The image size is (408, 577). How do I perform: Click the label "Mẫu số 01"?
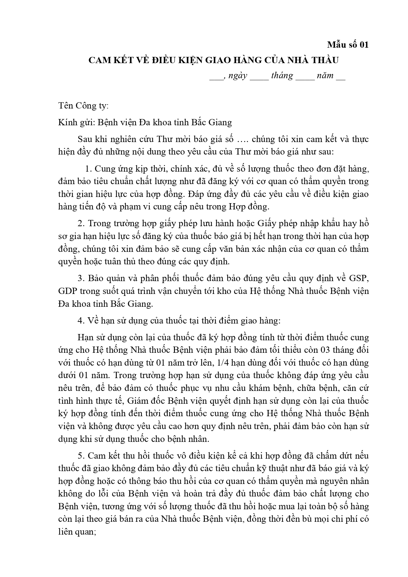348,44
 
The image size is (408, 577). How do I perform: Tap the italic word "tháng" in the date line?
282,76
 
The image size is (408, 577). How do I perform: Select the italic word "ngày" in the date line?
237,76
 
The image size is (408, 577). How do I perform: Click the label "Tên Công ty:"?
83,106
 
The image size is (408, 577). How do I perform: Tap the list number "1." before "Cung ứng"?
88,169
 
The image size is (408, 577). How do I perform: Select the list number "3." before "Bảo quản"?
81,278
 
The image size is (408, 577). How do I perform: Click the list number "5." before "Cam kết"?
81,456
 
